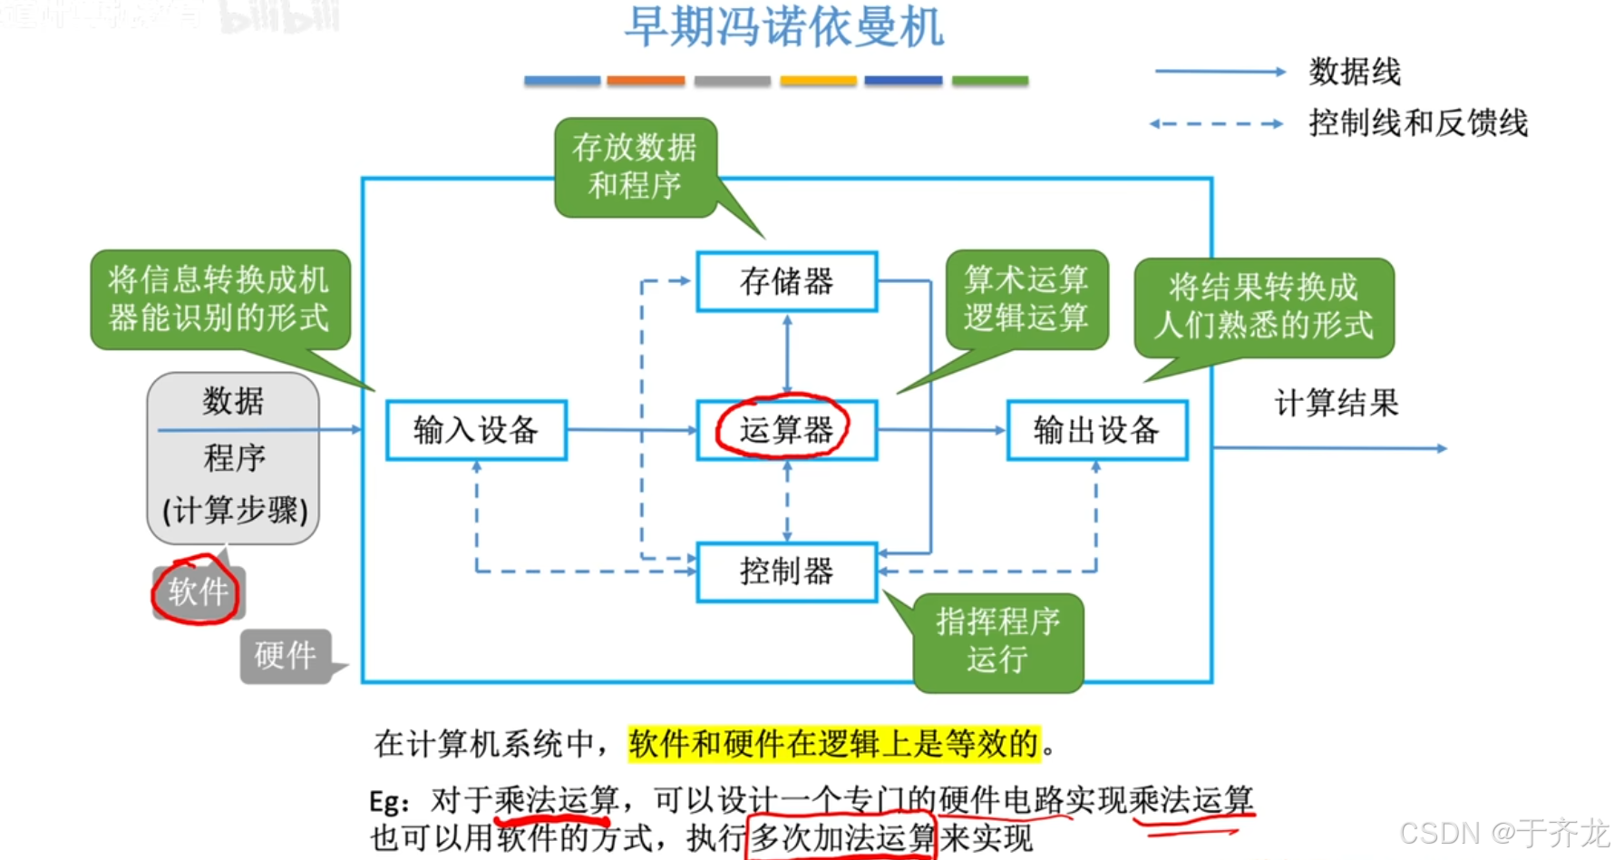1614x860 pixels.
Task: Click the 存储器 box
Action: (786, 281)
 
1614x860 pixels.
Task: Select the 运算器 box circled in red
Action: (785, 430)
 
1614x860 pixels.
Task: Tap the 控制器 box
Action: (786, 572)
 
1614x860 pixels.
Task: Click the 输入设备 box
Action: (476, 430)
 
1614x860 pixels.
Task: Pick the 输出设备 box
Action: (1096, 430)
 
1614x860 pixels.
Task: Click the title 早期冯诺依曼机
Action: (784, 27)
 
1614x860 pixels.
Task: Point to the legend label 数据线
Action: (1355, 72)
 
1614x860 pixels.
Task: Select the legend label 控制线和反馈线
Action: (1418, 122)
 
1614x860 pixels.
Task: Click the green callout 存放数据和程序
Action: (635, 167)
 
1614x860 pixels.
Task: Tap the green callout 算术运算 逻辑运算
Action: (1026, 298)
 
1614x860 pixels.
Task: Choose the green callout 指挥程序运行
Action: (997, 640)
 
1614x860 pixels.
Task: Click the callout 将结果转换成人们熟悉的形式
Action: (1263, 307)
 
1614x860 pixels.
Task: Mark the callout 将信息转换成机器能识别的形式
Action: (219, 298)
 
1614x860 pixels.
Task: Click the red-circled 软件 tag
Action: (198, 591)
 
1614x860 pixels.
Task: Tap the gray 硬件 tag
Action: (285, 655)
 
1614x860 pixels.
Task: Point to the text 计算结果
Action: (1337, 403)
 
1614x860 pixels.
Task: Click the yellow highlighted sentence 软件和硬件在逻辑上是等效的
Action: (833, 744)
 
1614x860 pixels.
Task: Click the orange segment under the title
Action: (646, 81)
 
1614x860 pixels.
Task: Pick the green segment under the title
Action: (989, 81)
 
